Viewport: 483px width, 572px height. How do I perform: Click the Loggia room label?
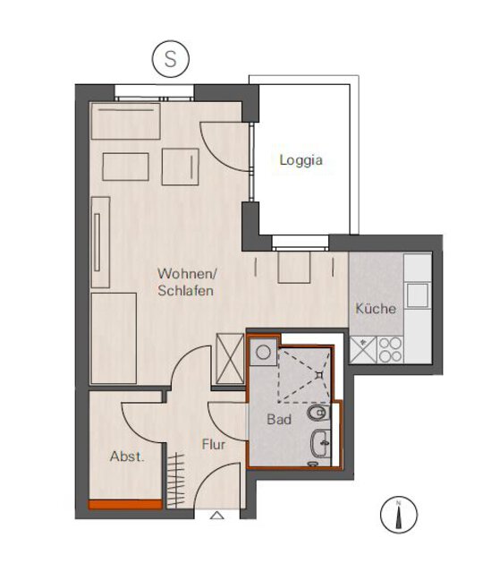(x=301, y=160)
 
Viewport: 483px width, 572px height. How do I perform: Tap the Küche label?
(x=376, y=309)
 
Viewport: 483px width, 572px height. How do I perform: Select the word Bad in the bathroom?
(x=279, y=420)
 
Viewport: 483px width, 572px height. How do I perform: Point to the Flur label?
(x=214, y=445)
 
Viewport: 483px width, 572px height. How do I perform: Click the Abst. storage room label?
(x=127, y=457)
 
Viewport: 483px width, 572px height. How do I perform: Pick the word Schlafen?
(x=185, y=291)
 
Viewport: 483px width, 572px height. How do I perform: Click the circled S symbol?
(x=171, y=59)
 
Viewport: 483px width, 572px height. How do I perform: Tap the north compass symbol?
(x=399, y=515)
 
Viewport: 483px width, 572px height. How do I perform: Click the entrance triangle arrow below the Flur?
(x=217, y=515)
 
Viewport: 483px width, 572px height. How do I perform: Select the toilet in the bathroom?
(x=318, y=413)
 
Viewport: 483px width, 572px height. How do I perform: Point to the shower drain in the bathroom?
(x=319, y=374)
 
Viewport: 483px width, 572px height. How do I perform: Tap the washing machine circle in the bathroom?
(x=263, y=352)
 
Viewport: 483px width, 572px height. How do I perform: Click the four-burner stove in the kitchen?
(x=390, y=350)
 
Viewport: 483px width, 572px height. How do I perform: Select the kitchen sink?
(x=418, y=295)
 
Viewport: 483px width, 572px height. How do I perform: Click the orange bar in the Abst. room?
(x=125, y=505)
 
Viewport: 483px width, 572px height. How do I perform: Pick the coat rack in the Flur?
(x=176, y=480)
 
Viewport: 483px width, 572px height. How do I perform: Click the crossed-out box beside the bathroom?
(x=230, y=358)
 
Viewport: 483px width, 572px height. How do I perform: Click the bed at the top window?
(x=126, y=121)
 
